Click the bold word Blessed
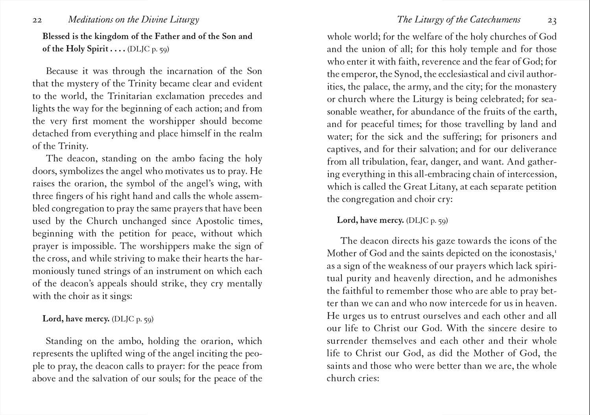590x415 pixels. [57, 37]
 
